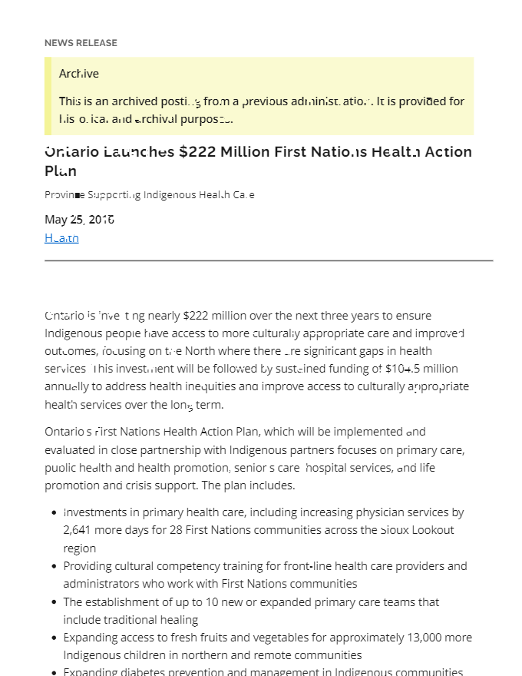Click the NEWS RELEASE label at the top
[81, 43]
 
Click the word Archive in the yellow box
[79, 74]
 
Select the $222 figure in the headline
[196, 152]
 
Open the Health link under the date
[61, 238]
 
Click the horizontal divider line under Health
[269, 261]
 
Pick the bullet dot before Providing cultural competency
[54, 567]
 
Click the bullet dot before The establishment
[54, 603]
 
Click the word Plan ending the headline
[61, 171]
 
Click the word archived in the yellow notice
[134, 101]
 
